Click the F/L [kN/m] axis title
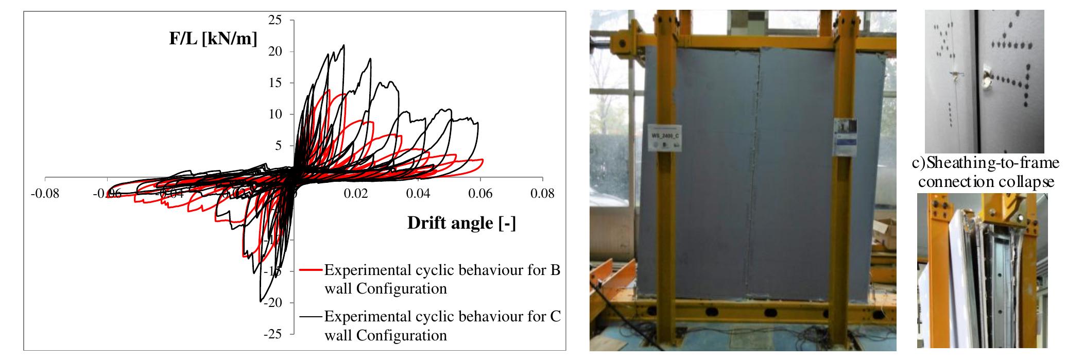[x=213, y=39]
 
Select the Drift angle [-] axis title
[x=461, y=222]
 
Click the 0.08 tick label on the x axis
[x=543, y=194]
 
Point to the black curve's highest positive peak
[x=343, y=45]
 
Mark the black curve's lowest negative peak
[x=261, y=301]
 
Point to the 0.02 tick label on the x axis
[x=356, y=194]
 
